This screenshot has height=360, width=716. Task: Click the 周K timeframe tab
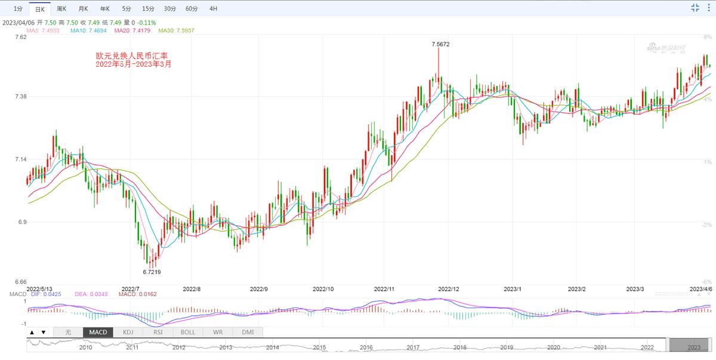[61, 9]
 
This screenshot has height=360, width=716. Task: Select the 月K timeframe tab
[83, 9]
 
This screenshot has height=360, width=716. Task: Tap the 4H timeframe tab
[214, 9]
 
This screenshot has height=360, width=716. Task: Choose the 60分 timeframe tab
[192, 9]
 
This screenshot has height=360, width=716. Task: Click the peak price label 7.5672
[440, 44]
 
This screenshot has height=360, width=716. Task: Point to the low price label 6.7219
[152, 272]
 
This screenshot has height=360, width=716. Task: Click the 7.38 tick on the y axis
[20, 96]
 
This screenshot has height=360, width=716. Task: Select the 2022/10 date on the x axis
[323, 289]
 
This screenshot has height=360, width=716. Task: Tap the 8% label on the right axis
[707, 37]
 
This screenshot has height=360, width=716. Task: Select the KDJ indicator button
[128, 332]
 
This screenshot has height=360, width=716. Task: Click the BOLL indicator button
[188, 332]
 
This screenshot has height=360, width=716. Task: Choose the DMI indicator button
[247, 332]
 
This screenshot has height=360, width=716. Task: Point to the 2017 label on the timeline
[413, 347]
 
